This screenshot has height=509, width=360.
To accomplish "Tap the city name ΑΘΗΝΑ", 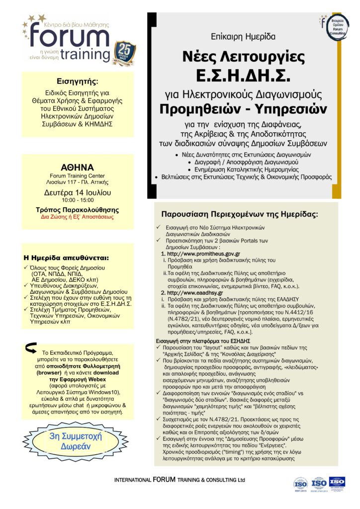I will tap(77, 167).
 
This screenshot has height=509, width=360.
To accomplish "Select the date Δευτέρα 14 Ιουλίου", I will tap(77, 192).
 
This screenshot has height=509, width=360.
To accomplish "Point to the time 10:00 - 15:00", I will tap(77, 200).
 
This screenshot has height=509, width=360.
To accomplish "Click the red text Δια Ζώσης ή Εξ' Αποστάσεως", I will tap(77, 217).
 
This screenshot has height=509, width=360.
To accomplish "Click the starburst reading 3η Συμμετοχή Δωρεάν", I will tap(78, 441).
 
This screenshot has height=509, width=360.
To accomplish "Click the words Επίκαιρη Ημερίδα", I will tap(242, 36).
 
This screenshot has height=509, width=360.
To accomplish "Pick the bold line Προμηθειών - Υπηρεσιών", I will tap(242, 108).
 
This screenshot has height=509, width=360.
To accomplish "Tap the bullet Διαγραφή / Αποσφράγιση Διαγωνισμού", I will tap(242, 162).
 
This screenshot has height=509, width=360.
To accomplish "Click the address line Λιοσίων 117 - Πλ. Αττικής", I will tap(77, 182).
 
